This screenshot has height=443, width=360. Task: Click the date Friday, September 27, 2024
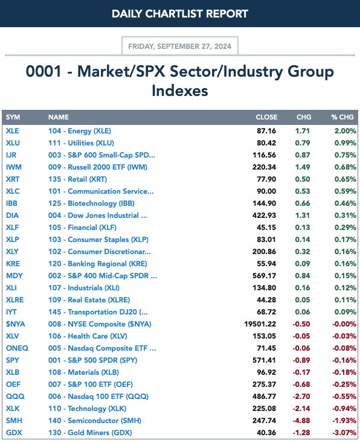coord(180,46)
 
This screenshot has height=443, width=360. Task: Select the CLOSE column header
coord(266,117)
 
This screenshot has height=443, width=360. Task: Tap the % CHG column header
coord(342,117)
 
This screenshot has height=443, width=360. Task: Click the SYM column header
coord(13,117)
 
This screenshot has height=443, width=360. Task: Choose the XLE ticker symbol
coord(13,131)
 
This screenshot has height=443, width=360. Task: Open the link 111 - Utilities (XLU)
coord(81,143)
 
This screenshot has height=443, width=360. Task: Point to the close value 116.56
coord(264,155)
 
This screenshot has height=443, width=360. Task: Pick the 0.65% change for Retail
coord(346,179)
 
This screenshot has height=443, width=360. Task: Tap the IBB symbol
coord(11,203)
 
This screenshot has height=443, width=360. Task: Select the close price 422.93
coord(264,215)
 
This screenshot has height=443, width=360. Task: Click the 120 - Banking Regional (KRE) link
coord(98,264)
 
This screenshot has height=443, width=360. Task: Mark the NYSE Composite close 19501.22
coord(260,324)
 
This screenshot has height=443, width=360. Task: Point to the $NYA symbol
coord(16,324)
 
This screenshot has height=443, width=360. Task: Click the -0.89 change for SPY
coord(301,360)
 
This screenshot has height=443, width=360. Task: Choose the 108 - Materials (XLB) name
coord(83,372)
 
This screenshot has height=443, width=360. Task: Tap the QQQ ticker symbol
coord(15,397)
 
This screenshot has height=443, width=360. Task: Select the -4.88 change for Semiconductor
coord(301,421)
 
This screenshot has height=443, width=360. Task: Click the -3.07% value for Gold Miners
coord(344,433)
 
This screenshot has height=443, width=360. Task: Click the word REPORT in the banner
coord(227,14)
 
